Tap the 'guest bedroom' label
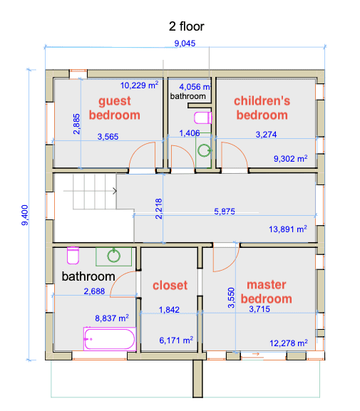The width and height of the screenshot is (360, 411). [114, 108]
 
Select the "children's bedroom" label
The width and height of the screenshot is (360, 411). [262, 108]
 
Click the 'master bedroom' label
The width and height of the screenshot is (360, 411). [269, 292]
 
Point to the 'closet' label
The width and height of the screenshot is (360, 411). [170, 286]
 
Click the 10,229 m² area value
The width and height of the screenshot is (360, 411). [139, 85]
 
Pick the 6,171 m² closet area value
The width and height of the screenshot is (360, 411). [176, 342]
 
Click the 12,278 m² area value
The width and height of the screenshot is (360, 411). [288, 343]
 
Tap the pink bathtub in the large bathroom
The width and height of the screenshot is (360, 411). [110, 339]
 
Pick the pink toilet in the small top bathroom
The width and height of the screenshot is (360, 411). [203, 117]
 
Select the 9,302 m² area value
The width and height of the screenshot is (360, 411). [291, 159]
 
